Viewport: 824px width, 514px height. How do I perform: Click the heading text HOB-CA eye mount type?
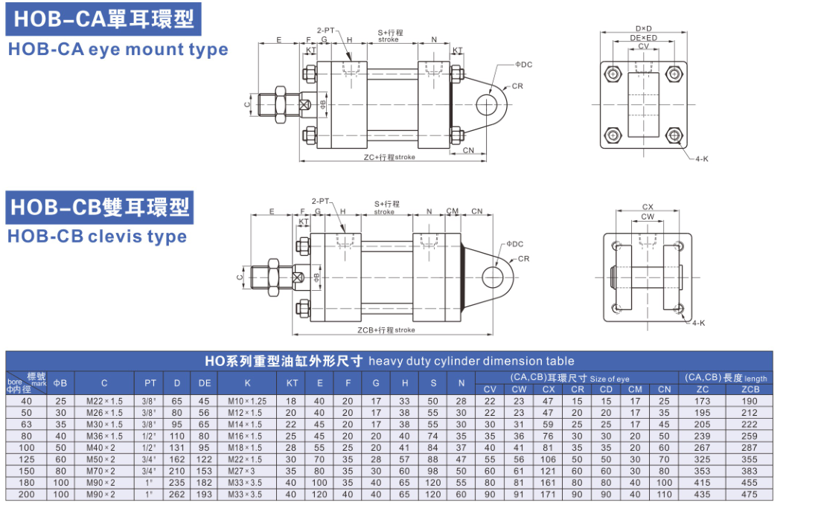118,50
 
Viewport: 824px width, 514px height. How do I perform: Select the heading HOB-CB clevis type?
97,237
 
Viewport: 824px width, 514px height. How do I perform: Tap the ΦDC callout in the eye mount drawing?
523,65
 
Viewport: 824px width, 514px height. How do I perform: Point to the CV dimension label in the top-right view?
643,46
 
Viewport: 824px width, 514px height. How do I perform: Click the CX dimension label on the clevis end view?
647,208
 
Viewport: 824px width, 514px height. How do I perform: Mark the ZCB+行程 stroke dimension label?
386,330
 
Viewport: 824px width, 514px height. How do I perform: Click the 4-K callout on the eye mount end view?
701,159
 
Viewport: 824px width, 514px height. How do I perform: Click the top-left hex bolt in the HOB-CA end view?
612,74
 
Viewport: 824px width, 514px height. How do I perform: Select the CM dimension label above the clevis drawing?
453,211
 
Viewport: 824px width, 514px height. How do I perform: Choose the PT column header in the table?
150,383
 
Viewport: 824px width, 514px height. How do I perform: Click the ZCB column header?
750,389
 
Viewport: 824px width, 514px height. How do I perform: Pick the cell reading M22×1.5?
104,401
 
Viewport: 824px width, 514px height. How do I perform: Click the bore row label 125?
26,459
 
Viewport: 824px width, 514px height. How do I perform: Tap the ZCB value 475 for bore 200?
750,495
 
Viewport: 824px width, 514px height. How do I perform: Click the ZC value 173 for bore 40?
702,401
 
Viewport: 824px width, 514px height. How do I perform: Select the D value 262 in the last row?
177,495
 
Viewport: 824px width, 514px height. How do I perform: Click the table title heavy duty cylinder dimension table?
389,361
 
